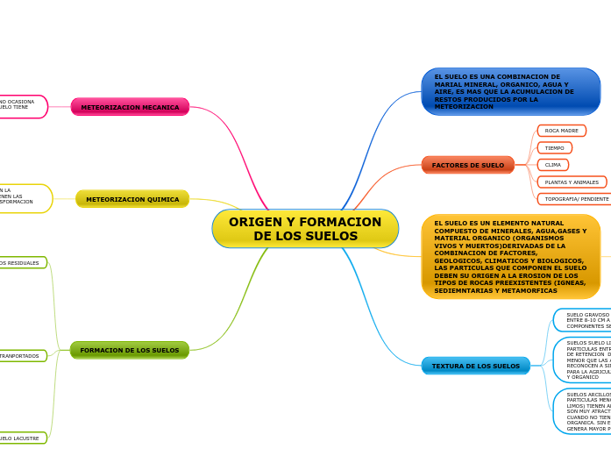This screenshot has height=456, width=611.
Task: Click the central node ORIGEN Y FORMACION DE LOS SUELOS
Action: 305,229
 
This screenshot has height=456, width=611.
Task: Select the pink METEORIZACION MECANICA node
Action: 130,107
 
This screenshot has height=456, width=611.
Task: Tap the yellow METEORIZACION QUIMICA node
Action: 132,199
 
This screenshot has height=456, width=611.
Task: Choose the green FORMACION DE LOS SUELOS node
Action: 130,350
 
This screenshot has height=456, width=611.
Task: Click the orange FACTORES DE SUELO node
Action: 468,165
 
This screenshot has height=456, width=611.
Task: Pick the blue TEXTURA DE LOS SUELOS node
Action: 476,366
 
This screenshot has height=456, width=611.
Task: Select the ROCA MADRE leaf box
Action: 562,131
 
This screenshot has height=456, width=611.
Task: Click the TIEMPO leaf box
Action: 555,148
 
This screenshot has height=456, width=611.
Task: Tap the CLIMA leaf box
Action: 553,165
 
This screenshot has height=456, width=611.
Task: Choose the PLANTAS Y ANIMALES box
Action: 572,182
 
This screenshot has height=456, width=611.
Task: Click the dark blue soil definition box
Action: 510,91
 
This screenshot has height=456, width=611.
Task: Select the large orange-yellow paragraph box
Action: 510,256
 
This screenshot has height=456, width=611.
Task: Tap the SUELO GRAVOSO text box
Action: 584,320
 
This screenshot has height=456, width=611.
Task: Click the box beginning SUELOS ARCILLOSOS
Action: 584,411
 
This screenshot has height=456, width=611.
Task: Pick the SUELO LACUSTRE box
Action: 21,438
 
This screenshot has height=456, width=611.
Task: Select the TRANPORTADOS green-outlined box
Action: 21,356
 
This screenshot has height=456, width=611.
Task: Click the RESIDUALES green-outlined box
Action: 21,262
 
